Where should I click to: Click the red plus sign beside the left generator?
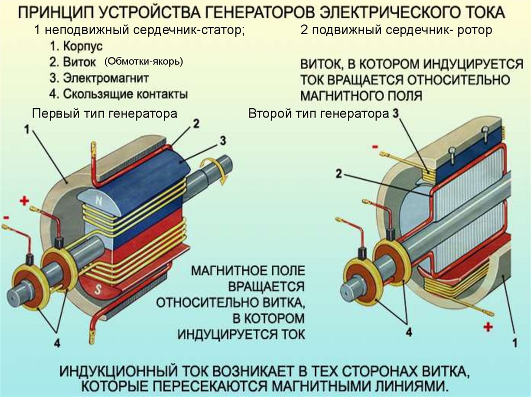(24, 201)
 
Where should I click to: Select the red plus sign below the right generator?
(487, 327)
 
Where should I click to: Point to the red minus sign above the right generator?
(374, 147)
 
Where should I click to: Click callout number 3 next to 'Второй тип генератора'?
(396, 113)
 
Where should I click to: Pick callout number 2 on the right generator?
(338, 174)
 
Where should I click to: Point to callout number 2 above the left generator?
(195, 123)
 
